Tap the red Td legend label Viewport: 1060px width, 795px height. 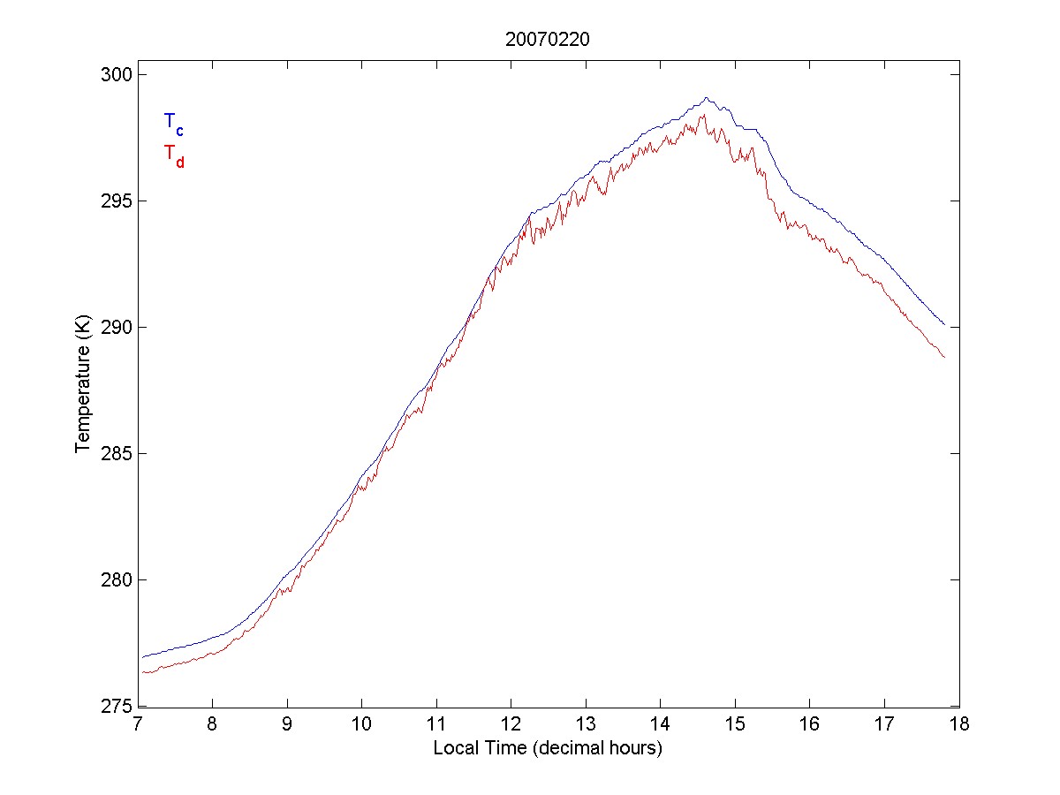[173, 155]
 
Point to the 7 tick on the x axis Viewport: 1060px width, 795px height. [138, 725]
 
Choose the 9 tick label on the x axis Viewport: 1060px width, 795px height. [287, 725]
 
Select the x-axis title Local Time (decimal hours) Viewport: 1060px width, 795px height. [548, 748]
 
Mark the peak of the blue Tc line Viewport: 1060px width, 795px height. [707, 98]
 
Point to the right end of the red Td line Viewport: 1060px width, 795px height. [944, 357]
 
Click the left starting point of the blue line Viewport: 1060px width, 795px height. [141, 657]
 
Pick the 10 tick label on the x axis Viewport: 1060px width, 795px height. [362, 725]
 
